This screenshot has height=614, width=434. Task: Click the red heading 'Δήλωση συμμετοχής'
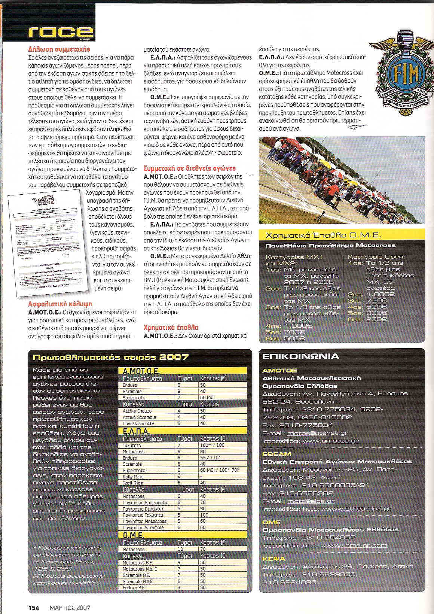click(59, 49)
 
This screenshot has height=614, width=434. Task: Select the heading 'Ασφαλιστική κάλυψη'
click(60, 304)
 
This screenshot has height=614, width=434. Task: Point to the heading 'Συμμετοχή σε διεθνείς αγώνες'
click(190, 168)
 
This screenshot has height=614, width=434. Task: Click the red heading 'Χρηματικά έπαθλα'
click(171, 327)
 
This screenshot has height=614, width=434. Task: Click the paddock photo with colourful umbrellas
click(342, 179)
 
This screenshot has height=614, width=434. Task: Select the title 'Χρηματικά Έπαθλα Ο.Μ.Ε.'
click(323, 235)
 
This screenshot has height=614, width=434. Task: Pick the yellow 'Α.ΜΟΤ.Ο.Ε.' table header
click(141, 371)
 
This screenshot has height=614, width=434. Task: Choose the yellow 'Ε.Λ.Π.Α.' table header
click(136, 432)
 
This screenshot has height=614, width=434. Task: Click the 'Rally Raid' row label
click(134, 477)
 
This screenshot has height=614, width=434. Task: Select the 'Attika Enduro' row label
click(137, 411)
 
